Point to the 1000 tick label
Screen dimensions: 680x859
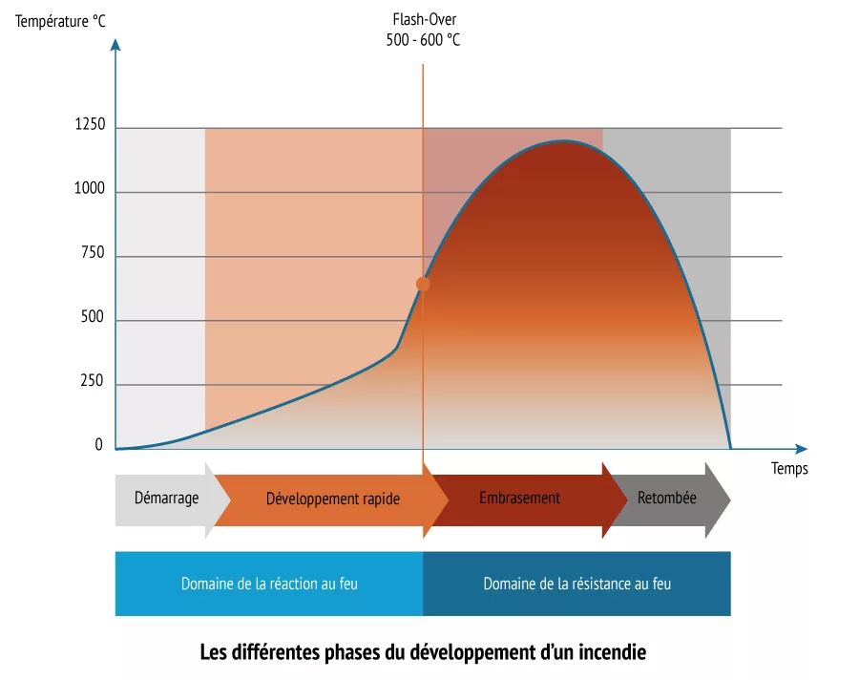coord(89,189)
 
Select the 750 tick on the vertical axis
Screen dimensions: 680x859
coord(93,255)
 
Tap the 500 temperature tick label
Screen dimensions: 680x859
coord(93,319)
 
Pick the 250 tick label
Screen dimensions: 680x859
coord(93,382)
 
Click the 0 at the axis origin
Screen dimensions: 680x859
coord(99,445)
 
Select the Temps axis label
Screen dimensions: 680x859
coord(789,468)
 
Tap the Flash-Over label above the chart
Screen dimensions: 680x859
coord(424,20)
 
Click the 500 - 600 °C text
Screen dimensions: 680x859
coord(423,41)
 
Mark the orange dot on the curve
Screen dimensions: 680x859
coord(423,284)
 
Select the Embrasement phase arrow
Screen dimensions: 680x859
coord(519,499)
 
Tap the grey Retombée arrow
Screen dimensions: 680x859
coord(668,499)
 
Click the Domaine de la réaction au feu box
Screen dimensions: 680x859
coord(269,583)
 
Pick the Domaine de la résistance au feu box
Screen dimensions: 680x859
coord(576,583)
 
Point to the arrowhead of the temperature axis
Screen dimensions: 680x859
coord(115,42)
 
